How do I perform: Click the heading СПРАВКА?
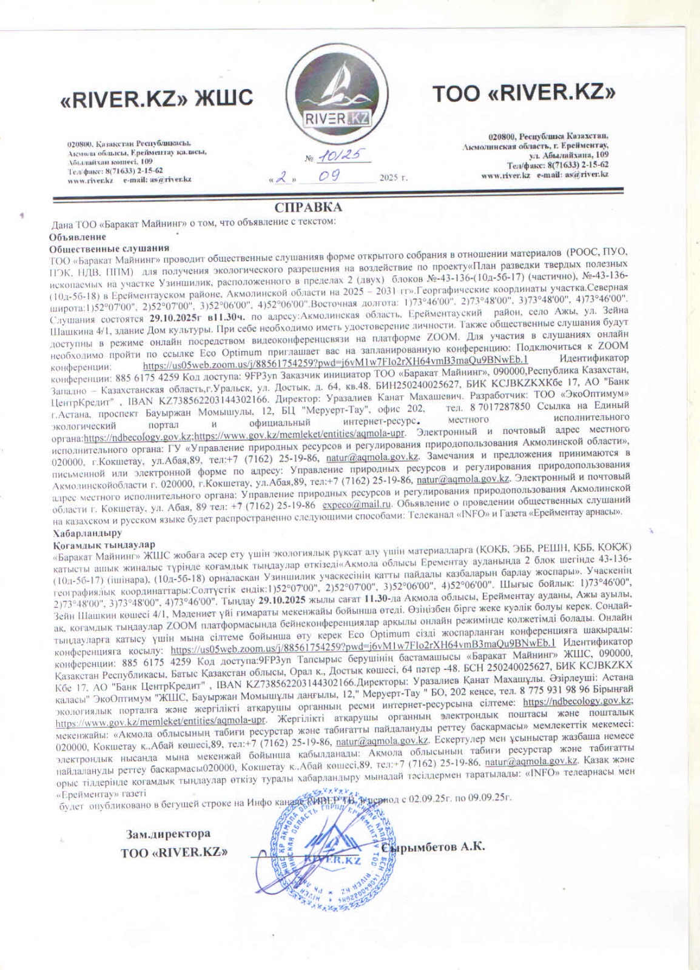[308, 207]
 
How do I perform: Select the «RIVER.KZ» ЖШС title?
[156, 98]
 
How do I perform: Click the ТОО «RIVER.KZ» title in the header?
[523, 93]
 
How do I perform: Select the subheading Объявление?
[78, 236]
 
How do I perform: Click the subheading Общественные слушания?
[109, 248]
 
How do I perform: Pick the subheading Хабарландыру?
[87, 533]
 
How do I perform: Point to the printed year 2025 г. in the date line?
[394, 178]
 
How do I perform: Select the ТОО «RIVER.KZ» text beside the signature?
[174, 852]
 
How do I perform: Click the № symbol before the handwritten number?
[309, 159]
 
